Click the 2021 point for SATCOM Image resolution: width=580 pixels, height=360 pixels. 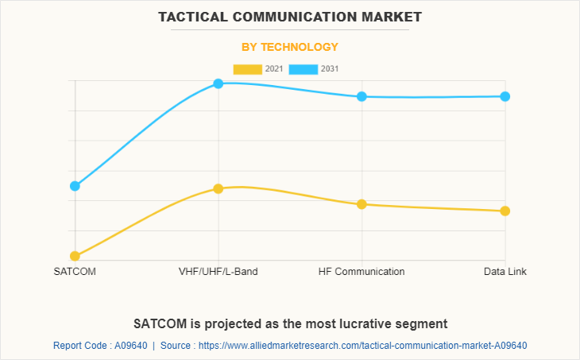click(x=75, y=256)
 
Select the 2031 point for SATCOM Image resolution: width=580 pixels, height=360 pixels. click(x=75, y=186)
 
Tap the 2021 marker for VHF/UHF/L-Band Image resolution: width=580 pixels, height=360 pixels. click(x=218, y=188)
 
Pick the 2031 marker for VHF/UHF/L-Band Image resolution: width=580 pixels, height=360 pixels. click(x=218, y=83)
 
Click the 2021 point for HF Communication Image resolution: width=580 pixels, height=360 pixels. click(x=362, y=204)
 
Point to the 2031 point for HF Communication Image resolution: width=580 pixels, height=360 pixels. click(x=362, y=96)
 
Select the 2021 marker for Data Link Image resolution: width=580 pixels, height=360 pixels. click(x=505, y=211)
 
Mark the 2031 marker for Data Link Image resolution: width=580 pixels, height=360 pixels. click(x=505, y=96)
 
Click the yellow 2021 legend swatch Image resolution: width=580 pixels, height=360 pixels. click(x=247, y=69)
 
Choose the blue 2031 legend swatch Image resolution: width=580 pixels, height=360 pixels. click(x=304, y=69)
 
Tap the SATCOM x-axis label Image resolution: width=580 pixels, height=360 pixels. click(x=75, y=272)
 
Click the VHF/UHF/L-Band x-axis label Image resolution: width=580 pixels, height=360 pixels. click(x=218, y=272)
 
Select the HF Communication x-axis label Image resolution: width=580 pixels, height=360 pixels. click(x=362, y=272)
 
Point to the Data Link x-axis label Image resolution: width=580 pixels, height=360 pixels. click(x=505, y=272)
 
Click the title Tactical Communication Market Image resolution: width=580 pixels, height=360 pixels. click(x=290, y=17)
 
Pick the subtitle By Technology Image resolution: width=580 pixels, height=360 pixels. click(x=290, y=47)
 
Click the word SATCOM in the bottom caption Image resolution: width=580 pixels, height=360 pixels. click(x=160, y=323)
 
